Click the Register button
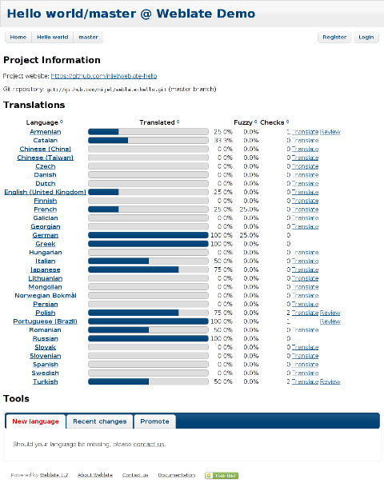click(334, 37)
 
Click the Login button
click(366, 37)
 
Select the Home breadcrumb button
click(18, 37)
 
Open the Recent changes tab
click(99, 421)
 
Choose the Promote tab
click(154, 421)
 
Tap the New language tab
click(35, 421)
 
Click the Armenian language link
click(45, 131)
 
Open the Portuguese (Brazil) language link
click(45, 321)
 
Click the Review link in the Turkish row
click(330, 381)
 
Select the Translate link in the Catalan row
click(305, 140)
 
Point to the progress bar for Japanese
click(148, 269)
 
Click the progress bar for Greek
click(148, 244)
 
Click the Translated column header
click(157, 122)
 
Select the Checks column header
click(271, 122)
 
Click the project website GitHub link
click(104, 76)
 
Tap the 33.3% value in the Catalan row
click(223, 140)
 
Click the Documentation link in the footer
click(176, 475)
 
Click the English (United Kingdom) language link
click(45, 192)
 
